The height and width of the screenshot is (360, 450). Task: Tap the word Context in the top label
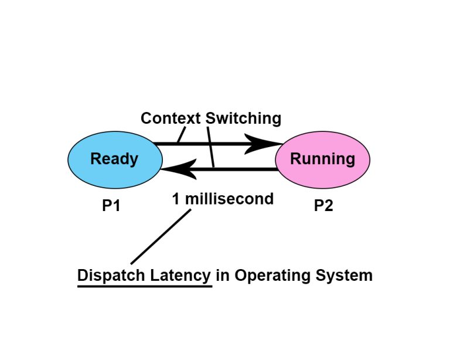171,118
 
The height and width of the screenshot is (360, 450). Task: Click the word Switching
243,118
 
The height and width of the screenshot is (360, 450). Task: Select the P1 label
111,206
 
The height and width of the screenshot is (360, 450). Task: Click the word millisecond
230,199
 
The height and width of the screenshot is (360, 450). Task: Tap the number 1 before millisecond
176,199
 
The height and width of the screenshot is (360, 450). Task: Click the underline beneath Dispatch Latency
144,286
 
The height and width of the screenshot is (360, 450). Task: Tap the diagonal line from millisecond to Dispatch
161,237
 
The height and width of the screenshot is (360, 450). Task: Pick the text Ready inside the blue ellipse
114,159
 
